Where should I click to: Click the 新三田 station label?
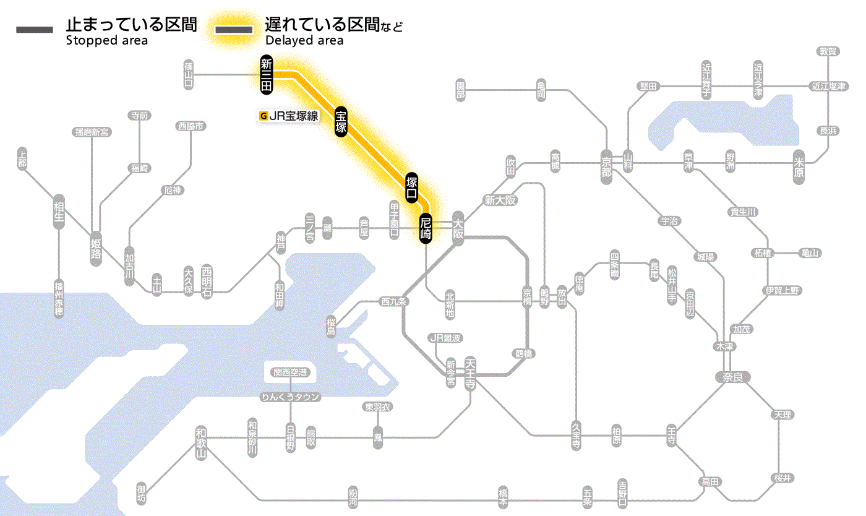click(x=267, y=75)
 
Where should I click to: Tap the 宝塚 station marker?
click(x=341, y=121)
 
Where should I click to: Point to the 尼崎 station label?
click(x=425, y=228)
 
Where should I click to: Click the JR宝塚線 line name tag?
click(x=289, y=115)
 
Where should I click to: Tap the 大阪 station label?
click(x=458, y=228)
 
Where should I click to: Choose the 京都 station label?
click(x=606, y=164)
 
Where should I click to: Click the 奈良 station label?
click(x=732, y=376)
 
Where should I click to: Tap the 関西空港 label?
click(x=290, y=372)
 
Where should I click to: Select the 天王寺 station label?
click(x=470, y=373)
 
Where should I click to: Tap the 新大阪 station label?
click(x=500, y=200)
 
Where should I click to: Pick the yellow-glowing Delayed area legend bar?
click(x=233, y=30)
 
